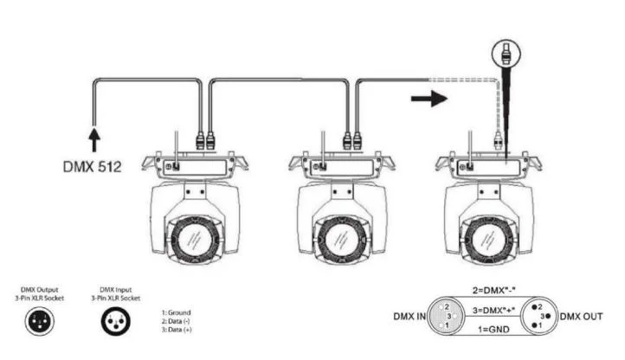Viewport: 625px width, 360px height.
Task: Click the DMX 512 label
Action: click(92, 166)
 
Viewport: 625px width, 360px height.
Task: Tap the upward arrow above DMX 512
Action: click(94, 139)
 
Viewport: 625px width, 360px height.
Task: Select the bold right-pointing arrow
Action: click(429, 98)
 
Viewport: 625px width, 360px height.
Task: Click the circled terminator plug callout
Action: click(506, 53)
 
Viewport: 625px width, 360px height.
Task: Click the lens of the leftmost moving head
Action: click(194, 241)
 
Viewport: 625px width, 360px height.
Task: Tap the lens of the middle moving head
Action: click(340, 241)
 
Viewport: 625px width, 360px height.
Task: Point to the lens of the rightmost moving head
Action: click(487, 240)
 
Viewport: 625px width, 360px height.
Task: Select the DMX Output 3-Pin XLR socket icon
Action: click(40, 321)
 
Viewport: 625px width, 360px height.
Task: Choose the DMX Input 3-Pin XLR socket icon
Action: click(116, 321)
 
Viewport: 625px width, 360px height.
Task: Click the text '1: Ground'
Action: click(177, 312)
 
